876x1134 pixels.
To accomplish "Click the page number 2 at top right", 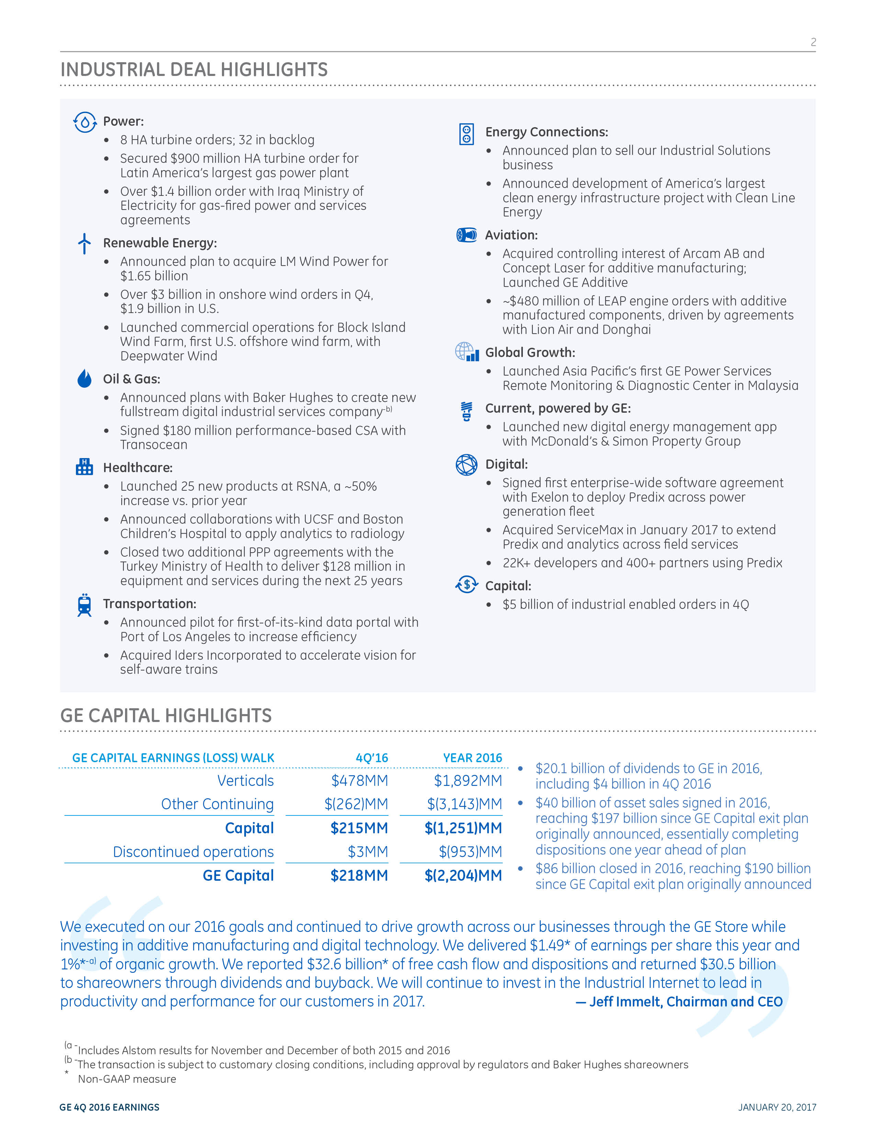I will point(813,42).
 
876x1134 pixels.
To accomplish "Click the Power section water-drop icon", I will point(85,123).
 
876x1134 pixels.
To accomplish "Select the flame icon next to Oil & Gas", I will point(85,379).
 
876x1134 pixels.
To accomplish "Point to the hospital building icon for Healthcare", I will point(85,467).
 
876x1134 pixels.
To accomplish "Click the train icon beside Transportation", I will point(85,605).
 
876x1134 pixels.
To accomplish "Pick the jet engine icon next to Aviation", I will point(467,235).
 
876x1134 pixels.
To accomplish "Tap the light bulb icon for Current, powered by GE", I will point(467,411).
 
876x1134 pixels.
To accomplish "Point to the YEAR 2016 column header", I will point(472,758).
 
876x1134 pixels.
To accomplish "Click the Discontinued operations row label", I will point(193,852).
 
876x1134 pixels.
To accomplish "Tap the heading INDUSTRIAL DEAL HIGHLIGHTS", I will point(194,69).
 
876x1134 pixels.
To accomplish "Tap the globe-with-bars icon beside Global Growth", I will point(467,352).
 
